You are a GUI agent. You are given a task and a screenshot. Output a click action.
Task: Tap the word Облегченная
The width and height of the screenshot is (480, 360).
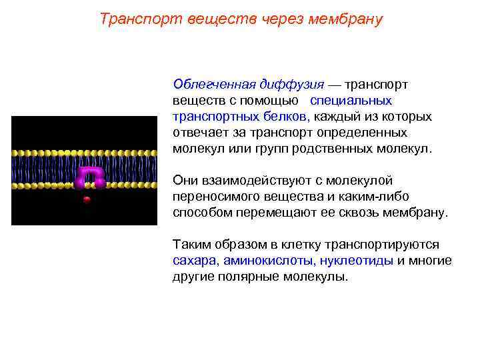pyautogui.click(x=213, y=85)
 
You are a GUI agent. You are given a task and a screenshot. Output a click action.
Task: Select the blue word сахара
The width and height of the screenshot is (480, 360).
pyautogui.click(x=194, y=261)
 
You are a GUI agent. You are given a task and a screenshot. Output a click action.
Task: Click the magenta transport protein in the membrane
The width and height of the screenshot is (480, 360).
pyautogui.click(x=91, y=175)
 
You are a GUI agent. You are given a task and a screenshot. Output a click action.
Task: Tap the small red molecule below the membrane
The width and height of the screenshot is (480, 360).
pyautogui.click(x=85, y=199)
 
